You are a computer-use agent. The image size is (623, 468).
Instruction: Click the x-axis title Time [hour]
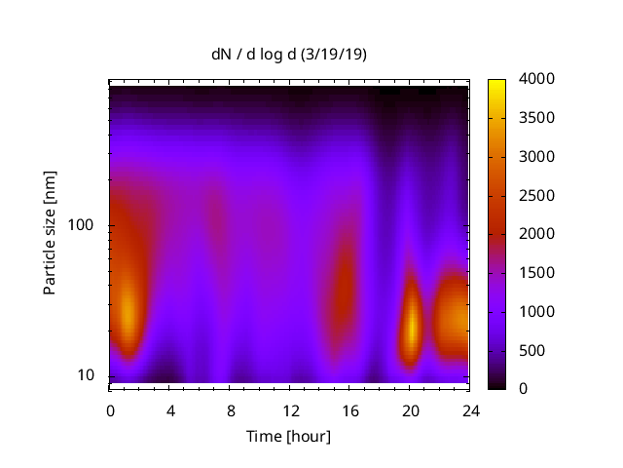point(288,436)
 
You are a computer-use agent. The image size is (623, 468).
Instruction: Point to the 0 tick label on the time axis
point(110,410)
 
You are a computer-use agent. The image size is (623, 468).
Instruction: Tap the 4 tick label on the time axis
point(170,410)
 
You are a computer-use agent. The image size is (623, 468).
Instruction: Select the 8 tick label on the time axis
point(231,410)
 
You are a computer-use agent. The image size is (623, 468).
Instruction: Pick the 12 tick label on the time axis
point(290,410)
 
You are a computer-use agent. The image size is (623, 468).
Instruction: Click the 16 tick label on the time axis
point(350,410)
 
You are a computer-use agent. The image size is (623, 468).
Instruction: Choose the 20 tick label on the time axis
point(411,410)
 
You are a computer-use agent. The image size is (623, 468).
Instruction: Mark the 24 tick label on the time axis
point(470,410)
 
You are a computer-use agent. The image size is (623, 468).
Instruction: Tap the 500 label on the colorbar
point(531,350)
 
